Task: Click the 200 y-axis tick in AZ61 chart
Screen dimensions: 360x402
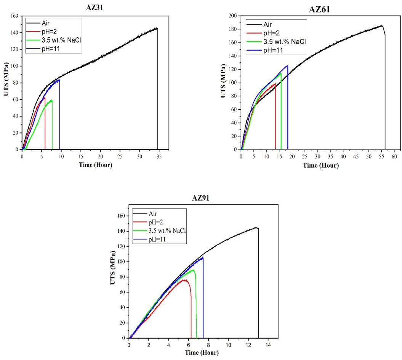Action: tap(232, 16)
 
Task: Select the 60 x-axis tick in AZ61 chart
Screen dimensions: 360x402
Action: tap(394, 156)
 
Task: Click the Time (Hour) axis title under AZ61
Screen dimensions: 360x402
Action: tap(320, 165)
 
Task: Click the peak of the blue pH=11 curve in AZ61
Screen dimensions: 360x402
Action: tap(287, 66)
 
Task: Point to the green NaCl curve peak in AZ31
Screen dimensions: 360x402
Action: tap(51, 100)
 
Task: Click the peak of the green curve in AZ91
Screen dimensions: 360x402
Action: tap(193, 270)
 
